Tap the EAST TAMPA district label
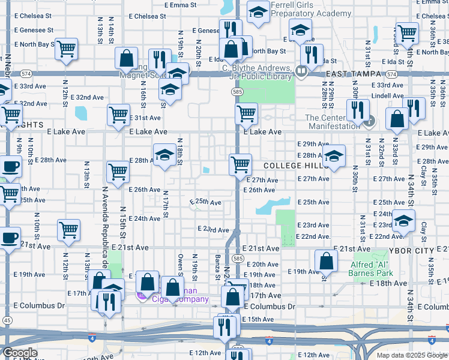355,73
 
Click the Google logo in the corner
20,353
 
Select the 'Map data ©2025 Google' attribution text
411,355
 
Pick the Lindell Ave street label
387,95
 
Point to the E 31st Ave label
146,118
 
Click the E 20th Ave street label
262,264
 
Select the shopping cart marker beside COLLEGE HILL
240,164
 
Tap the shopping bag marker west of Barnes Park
325,260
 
